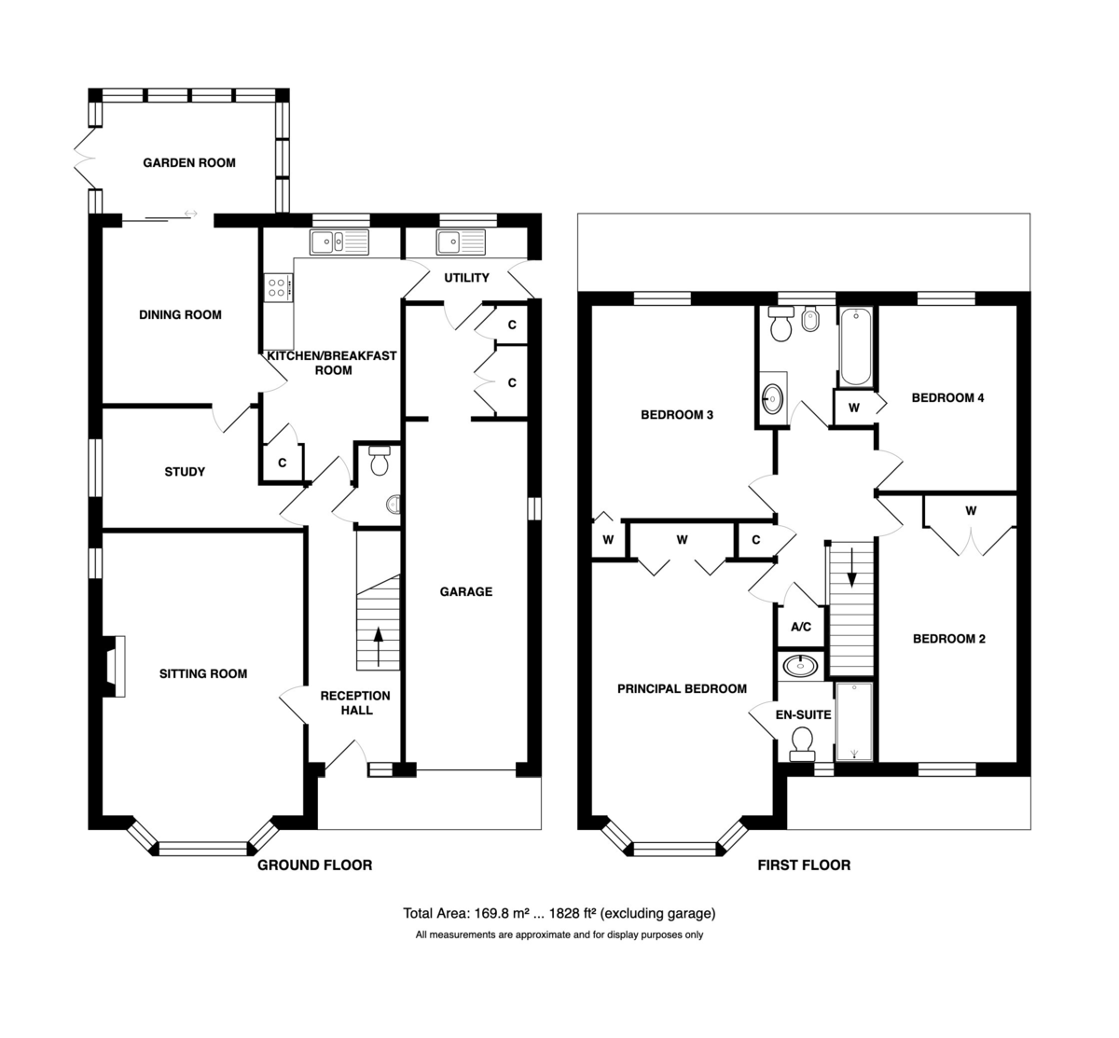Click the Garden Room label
click(189, 163)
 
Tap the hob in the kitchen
click(279, 287)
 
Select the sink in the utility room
click(461, 242)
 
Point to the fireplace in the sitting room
click(114, 666)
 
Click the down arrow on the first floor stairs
click(852, 566)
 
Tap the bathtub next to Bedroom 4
click(856, 347)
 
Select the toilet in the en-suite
click(802, 744)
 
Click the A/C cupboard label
click(801, 627)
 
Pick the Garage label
click(466, 591)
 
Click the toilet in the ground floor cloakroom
click(380, 461)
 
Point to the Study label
click(185, 472)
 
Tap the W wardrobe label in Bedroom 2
click(971, 511)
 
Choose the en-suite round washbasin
click(800, 666)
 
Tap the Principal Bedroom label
click(682, 688)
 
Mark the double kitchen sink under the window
click(339, 242)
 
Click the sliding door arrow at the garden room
click(190, 214)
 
